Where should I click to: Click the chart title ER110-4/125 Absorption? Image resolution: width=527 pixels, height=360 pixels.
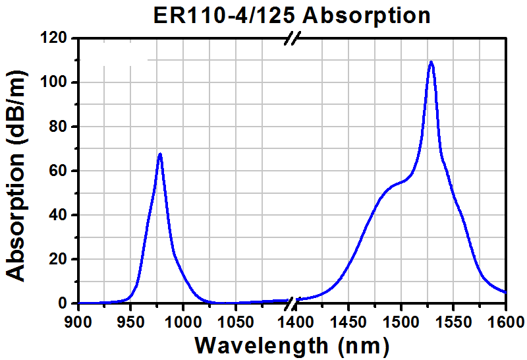291,15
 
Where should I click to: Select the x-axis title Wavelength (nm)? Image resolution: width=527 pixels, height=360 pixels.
292,344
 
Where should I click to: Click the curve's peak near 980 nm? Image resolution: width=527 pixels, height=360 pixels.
159,154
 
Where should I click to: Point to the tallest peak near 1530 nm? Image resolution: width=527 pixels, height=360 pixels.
431,62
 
